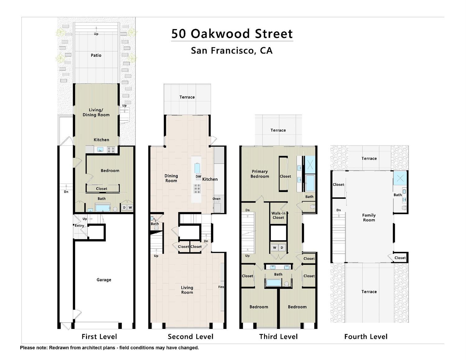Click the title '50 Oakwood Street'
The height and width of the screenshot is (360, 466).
(x=232, y=34)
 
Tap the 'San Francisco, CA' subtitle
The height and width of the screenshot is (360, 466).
(x=232, y=50)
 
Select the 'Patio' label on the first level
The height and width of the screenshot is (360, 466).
(x=96, y=55)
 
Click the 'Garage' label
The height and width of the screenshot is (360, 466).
(x=104, y=280)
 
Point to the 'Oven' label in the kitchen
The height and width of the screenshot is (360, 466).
(x=217, y=199)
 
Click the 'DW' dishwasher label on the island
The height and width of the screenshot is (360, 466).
(x=198, y=176)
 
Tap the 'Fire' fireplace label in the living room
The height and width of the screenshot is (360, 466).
(x=221, y=287)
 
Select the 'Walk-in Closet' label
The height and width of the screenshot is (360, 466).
(x=278, y=215)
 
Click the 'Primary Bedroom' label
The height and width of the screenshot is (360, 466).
(x=260, y=174)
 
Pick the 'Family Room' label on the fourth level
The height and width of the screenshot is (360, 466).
(x=369, y=217)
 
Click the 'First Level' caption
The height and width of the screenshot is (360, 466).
(x=99, y=337)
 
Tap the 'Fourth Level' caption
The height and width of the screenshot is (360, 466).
(x=366, y=337)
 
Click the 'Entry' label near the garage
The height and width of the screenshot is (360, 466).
(x=79, y=226)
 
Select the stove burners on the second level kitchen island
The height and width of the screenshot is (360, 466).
(x=197, y=189)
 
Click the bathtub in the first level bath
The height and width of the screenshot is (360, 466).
(x=103, y=208)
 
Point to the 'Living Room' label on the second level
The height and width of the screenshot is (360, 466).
(x=187, y=290)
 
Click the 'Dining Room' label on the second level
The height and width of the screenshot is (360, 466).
(x=171, y=178)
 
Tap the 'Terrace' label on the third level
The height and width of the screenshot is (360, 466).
(x=278, y=130)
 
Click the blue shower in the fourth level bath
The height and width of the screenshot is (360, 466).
(x=400, y=178)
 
